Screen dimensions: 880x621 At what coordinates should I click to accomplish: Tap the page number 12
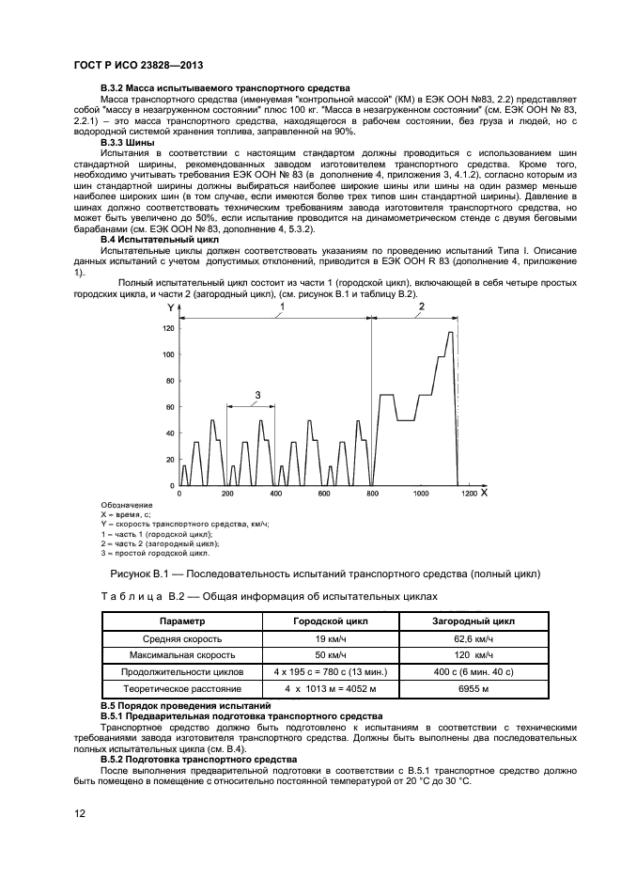81,813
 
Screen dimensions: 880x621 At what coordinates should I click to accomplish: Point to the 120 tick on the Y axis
168,328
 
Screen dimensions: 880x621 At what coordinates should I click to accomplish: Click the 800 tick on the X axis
372,494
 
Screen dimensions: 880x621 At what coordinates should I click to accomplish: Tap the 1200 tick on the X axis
469,494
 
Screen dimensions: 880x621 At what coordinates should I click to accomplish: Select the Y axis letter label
169,308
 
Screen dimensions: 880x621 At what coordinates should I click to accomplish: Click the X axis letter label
484,492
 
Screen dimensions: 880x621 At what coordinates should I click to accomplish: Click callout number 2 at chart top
421,306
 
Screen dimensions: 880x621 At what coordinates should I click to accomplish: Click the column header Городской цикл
317,621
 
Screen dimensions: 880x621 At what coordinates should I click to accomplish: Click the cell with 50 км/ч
317,654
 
